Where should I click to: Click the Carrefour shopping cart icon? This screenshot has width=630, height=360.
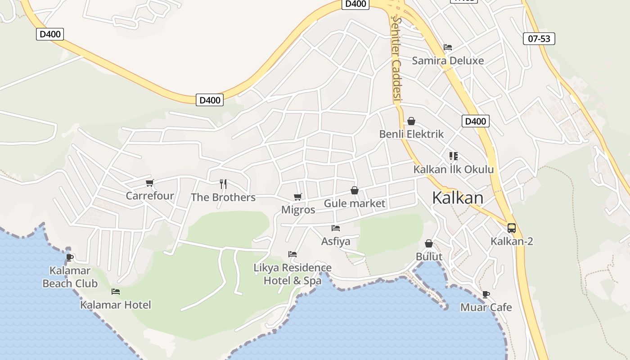(150, 183)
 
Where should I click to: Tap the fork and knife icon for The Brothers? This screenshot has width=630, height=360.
(223, 184)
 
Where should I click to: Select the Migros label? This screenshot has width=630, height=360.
(298, 210)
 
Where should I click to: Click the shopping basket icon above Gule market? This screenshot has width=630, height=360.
(355, 190)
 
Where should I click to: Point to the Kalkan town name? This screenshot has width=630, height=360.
(458, 198)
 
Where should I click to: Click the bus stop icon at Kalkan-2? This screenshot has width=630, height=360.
(512, 228)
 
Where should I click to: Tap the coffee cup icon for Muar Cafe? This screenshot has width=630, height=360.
(486, 294)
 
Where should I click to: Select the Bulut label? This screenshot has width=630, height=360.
(429, 256)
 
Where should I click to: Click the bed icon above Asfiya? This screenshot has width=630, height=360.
(336, 228)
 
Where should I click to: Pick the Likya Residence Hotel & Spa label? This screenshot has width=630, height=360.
(292, 274)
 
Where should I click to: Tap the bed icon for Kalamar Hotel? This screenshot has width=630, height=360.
(116, 292)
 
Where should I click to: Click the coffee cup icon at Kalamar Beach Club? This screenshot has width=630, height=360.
(70, 257)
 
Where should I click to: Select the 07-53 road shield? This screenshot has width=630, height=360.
(539, 39)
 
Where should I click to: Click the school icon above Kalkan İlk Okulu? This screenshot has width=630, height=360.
(454, 156)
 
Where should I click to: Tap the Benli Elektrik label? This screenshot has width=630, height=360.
(411, 134)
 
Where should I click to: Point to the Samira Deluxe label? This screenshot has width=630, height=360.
(448, 61)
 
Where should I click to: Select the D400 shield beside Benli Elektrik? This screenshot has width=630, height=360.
(475, 121)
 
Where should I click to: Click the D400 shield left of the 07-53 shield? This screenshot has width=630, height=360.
(356, 4)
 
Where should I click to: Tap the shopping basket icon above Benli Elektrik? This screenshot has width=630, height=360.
(411, 121)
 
